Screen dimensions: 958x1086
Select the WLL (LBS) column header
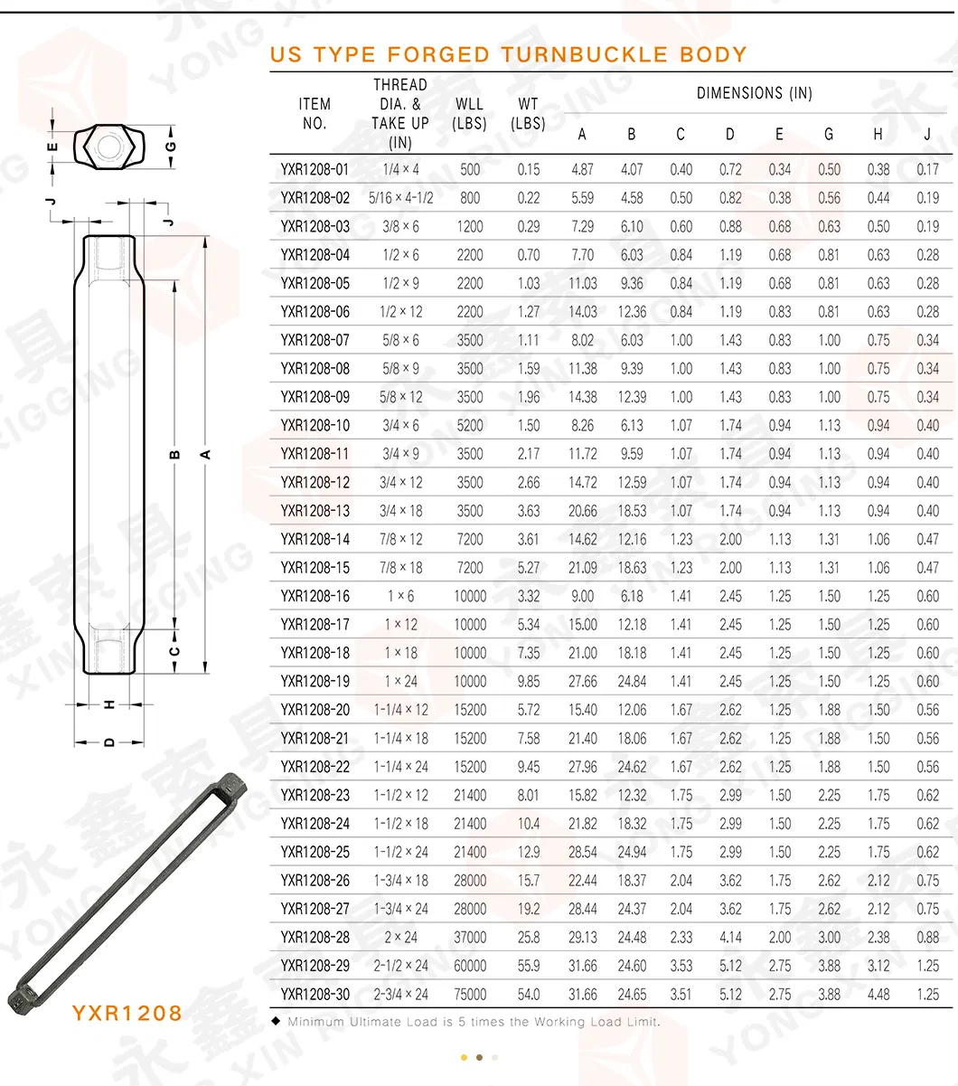[469, 114]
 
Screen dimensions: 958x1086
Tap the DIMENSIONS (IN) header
[755, 93]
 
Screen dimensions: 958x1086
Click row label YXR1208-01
[315, 169]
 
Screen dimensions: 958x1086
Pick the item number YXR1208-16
[315, 596]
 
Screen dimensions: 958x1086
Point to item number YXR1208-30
[315, 995]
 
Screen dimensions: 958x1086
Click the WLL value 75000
[470, 995]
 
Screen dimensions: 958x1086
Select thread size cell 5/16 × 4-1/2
[400, 198]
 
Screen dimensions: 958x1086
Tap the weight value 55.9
[529, 966]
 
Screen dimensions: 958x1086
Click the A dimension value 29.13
[582, 938]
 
